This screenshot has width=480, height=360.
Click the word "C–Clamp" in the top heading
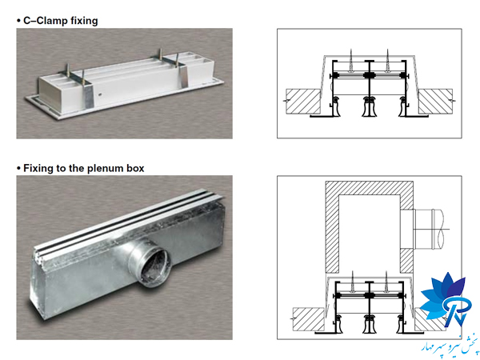49,20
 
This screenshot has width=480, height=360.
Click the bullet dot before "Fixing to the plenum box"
18,168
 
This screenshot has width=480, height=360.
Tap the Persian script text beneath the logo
443,343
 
